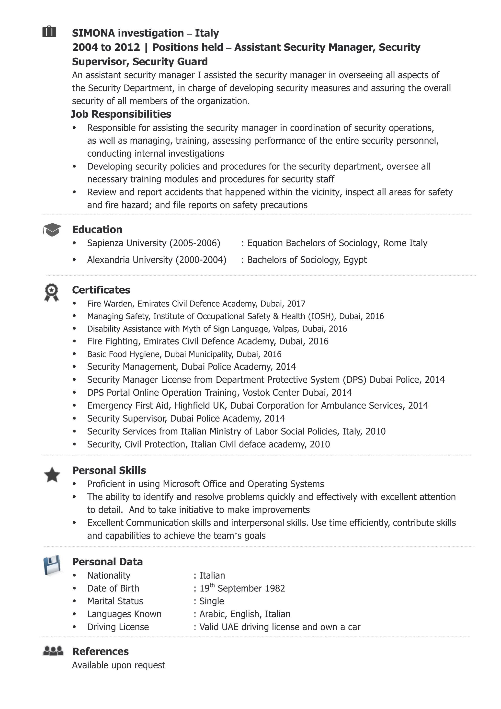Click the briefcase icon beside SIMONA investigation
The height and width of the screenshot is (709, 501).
coord(49,32)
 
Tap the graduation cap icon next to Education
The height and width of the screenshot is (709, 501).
coord(52,230)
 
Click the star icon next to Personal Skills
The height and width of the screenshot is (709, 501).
coord(52,475)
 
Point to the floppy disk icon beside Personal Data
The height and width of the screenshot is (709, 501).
coord(52,565)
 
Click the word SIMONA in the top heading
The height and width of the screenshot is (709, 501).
coord(93,33)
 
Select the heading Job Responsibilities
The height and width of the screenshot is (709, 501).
coord(121,114)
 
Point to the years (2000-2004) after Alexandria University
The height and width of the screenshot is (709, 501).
coord(201,260)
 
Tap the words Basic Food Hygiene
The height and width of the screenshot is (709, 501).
coord(125,354)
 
